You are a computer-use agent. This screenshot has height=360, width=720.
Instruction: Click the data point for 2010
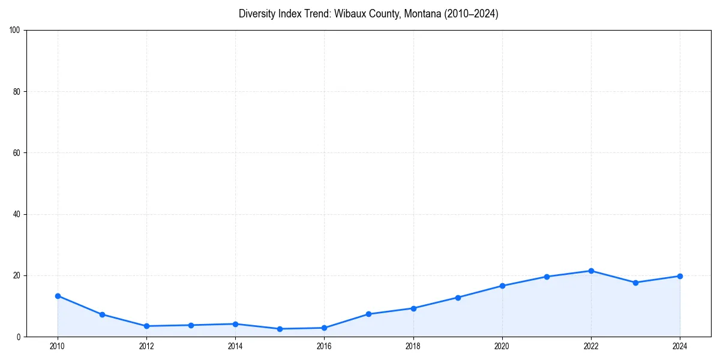point(58,296)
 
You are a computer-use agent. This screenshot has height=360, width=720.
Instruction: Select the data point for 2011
point(102,314)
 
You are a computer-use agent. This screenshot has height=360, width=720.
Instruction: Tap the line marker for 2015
point(280,329)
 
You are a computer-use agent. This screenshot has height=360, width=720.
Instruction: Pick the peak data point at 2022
point(591,271)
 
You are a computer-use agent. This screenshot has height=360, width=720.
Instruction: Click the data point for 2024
point(680,276)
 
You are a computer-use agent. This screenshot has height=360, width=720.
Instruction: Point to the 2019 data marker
point(458,298)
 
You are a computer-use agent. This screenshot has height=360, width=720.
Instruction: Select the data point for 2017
point(368,314)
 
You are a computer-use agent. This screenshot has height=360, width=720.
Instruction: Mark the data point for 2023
point(635,283)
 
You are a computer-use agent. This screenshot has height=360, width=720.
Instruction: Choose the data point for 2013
point(191,325)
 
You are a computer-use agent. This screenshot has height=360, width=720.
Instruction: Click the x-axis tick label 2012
point(146,346)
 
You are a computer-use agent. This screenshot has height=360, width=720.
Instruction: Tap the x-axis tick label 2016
point(324,346)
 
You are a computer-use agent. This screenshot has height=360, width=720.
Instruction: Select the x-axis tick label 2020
point(502,346)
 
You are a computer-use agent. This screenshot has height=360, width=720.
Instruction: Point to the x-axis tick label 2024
point(680,346)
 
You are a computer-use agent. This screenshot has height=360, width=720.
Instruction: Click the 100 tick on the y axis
point(16,31)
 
